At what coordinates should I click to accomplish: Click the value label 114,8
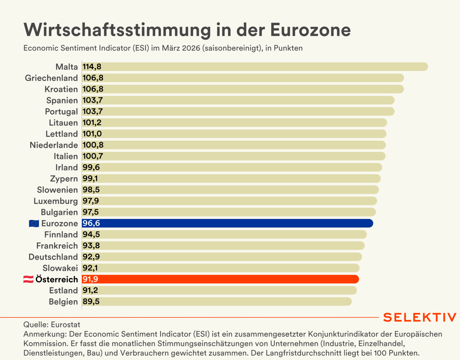[92, 67]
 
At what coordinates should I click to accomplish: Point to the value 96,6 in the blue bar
[91, 223]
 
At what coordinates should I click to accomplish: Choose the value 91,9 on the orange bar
[90, 279]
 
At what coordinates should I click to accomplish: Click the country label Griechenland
[51, 78]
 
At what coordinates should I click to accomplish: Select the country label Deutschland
[53, 257]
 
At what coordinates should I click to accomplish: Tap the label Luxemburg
[56, 201]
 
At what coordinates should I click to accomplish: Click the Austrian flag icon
[28, 279]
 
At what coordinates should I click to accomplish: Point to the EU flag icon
[34, 223]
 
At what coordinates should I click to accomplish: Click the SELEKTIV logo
[420, 317]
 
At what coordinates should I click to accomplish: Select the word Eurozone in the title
[310, 30]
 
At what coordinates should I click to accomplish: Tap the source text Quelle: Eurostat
[52, 324]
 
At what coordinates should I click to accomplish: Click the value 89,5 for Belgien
[91, 302]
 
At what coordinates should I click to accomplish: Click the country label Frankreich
[57, 246]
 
